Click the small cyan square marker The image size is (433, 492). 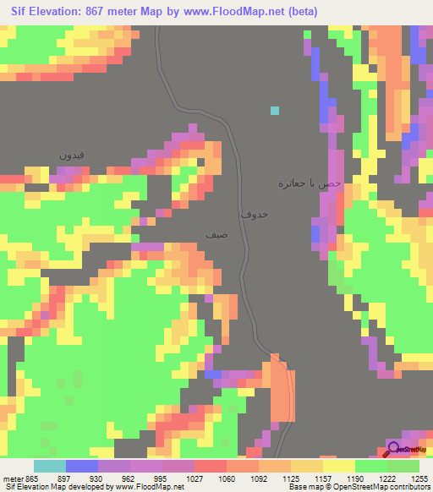pos(274,110)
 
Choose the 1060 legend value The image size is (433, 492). pos(227,478)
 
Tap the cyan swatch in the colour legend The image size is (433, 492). pos(50,466)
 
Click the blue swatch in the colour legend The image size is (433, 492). pos(82,466)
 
